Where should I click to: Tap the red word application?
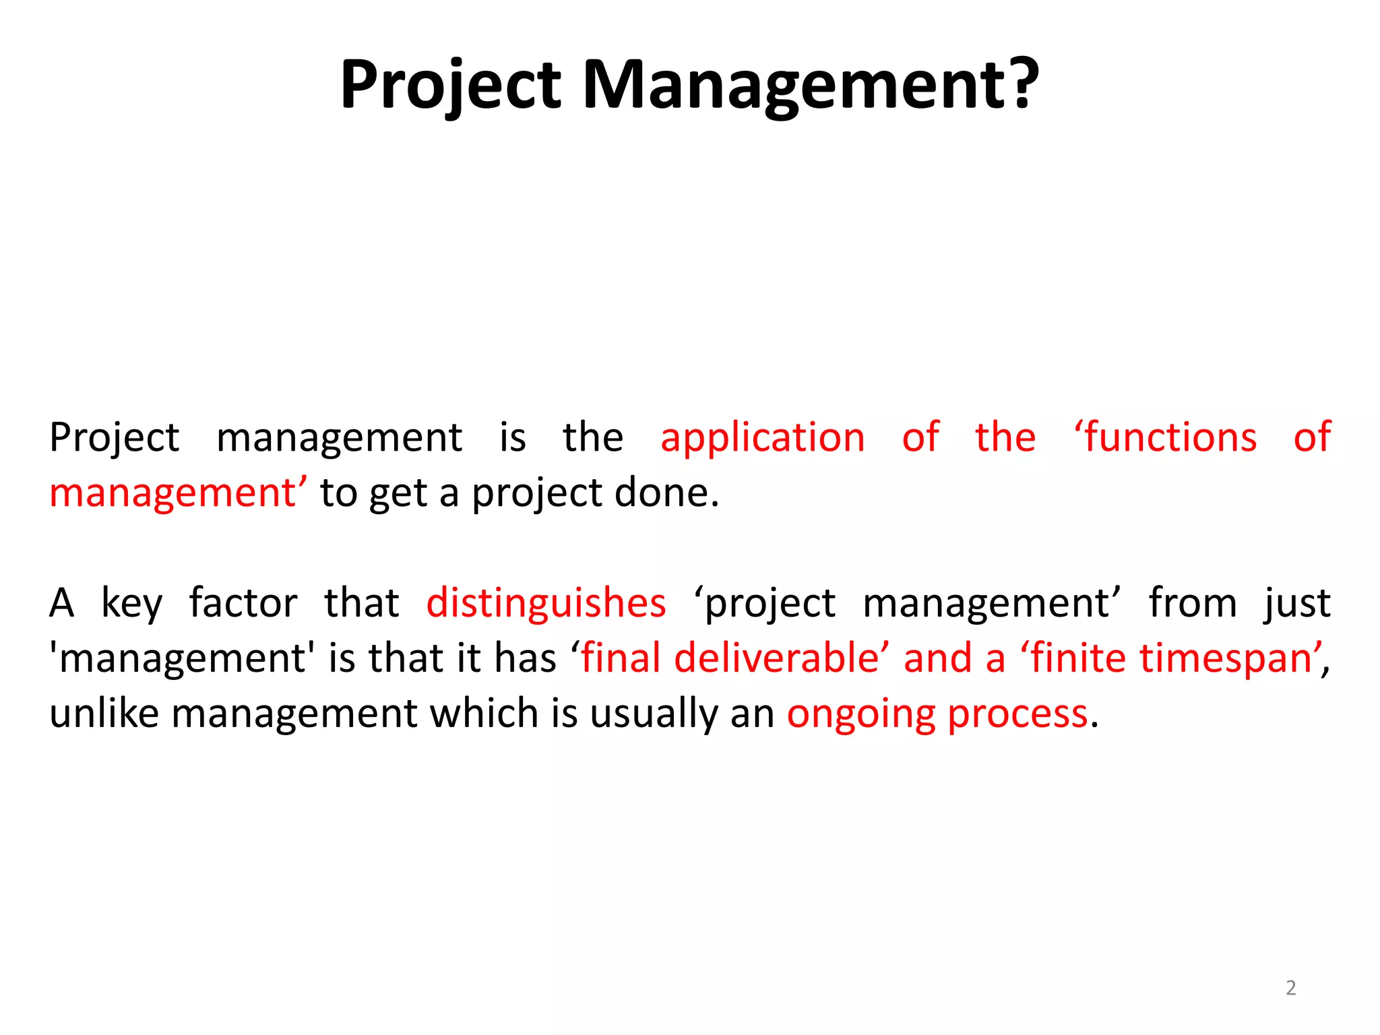[762, 438]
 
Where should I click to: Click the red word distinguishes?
[546, 602]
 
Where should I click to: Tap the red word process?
[1017, 714]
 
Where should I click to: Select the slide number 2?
[1290, 988]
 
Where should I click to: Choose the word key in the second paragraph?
[131, 603]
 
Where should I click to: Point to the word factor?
[243, 602]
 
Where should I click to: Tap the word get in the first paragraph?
[398, 494]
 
